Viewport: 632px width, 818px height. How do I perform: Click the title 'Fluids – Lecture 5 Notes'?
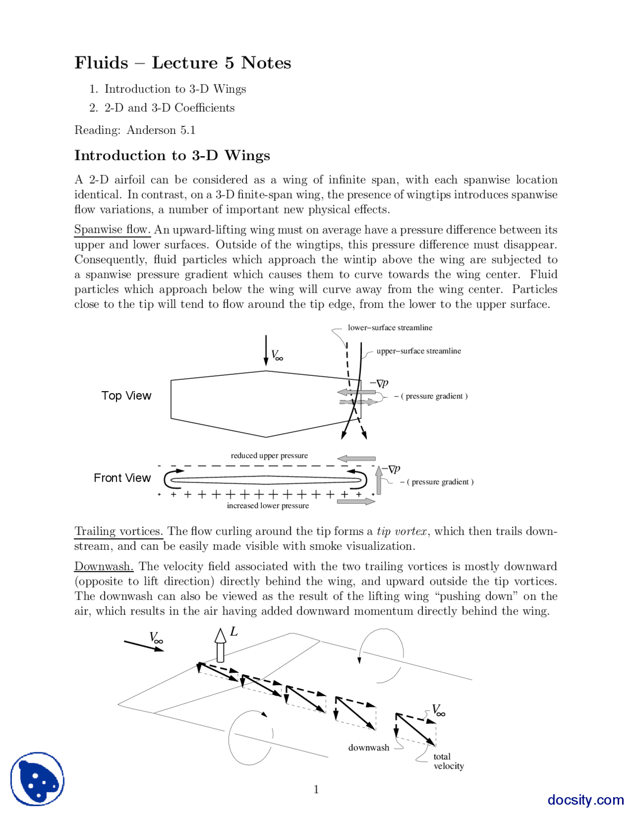point(183,63)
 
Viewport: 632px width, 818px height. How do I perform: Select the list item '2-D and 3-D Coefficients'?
point(169,108)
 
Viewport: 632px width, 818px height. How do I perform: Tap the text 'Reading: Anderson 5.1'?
point(135,130)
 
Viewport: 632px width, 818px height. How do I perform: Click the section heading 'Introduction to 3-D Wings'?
point(172,156)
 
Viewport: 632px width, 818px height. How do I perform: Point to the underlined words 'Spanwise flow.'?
point(112,230)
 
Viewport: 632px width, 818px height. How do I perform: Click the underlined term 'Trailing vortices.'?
point(118,532)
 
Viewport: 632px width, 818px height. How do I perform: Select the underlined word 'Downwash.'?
point(104,567)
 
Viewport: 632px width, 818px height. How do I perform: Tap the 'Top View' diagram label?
point(126,396)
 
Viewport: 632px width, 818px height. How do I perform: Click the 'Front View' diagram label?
point(122,478)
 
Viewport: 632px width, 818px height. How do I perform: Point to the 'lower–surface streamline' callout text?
point(390,327)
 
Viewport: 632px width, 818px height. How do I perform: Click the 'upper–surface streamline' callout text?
point(418,351)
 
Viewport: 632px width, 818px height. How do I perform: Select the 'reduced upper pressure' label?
point(269,455)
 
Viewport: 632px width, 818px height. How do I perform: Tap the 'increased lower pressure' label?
point(268,506)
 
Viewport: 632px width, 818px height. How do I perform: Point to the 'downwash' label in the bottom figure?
point(368,747)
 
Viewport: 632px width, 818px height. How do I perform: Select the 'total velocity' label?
point(448,761)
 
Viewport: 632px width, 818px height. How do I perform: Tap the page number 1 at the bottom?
point(316,789)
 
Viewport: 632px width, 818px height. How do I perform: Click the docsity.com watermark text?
point(585,800)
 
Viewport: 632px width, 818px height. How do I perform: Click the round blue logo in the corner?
point(38,779)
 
